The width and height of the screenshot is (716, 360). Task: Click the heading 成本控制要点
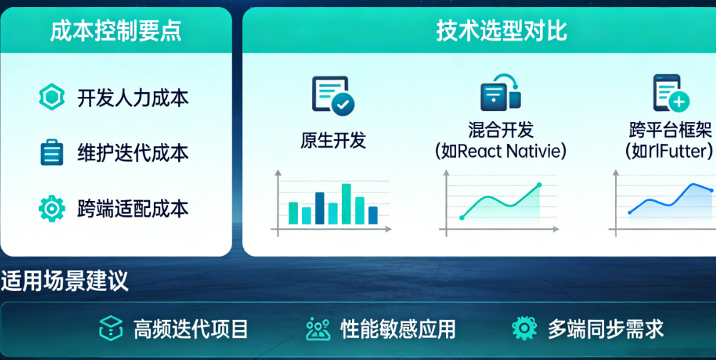coord(115,31)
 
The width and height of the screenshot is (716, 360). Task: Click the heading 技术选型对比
coord(502,31)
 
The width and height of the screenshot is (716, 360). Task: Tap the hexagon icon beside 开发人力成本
coord(51,97)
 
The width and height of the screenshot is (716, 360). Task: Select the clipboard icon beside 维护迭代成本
coord(51,152)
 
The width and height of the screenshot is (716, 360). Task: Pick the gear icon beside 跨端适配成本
coord(51,208)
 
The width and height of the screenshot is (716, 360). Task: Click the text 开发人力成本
coord(133,98)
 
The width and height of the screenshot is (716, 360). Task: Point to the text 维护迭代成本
coord(133,153)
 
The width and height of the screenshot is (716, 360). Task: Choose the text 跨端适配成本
coord(133,208)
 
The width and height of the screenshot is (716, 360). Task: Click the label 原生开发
coord(333,140)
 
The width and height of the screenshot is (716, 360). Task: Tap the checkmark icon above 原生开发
coord(343,104)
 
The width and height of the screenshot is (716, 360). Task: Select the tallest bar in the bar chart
coord(346,204)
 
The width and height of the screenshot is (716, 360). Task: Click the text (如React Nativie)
coord(501,151)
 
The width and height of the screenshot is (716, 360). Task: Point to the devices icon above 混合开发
coord(500,93)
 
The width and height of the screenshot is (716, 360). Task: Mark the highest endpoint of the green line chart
coord(539,185)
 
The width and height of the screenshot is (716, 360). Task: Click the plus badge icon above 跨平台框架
coord(679,101)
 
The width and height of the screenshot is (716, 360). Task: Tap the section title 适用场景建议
coord(64,281)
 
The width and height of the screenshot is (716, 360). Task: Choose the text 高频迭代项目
coord(191,329)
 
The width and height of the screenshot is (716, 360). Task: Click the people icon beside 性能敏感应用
coord(318,329)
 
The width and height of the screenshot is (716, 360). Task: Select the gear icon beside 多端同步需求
coord(524,328)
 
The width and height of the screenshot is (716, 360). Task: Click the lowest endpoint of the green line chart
coord(462,218)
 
